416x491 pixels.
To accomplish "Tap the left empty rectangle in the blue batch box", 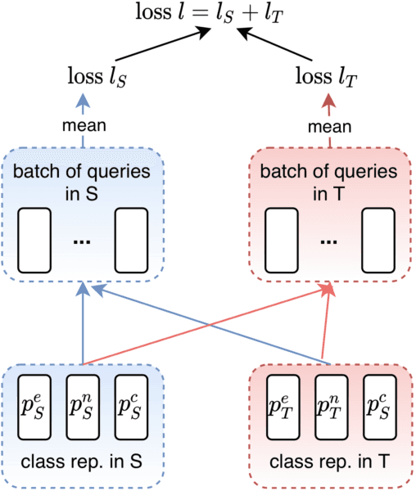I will [34, 240].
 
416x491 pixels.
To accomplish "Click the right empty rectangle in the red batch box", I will [378, 240].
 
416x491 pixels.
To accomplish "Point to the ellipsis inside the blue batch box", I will [83, 243].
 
